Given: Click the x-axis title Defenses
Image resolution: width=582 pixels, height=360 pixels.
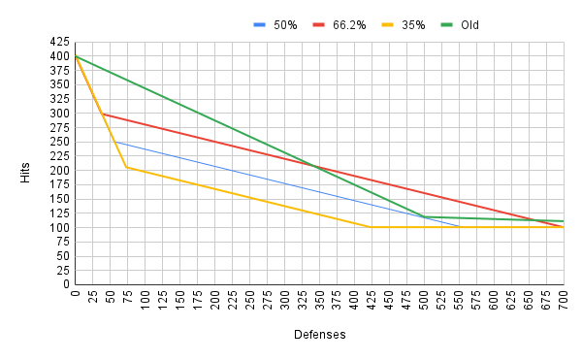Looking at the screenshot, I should [319, 334].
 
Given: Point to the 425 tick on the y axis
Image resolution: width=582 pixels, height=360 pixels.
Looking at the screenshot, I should [58, 43].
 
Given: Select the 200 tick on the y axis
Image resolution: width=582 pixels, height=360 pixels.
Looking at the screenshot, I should [58, 171].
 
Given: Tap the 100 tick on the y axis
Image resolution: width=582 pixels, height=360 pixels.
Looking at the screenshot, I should [58, 228].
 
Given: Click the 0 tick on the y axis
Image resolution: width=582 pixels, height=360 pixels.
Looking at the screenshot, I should [65, 285].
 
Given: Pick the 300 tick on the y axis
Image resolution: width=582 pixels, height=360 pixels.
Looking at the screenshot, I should [58, 114].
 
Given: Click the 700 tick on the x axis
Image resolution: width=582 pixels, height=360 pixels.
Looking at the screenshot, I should [564, 300].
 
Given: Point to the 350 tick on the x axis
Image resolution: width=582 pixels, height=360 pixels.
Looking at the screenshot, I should [320, 300].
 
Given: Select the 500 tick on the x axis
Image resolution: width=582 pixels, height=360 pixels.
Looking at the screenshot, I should [424, 300].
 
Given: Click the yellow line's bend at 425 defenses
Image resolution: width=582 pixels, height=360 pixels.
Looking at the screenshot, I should [372, 227].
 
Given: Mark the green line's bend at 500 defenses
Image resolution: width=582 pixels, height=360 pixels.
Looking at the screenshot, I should [424, 216].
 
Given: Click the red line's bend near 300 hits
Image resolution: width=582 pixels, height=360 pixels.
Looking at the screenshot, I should [102, 114].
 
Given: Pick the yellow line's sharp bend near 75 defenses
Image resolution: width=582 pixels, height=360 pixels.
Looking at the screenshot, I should [126, 167].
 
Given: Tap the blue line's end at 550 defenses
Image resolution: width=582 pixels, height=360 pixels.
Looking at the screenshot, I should [459, 227].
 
